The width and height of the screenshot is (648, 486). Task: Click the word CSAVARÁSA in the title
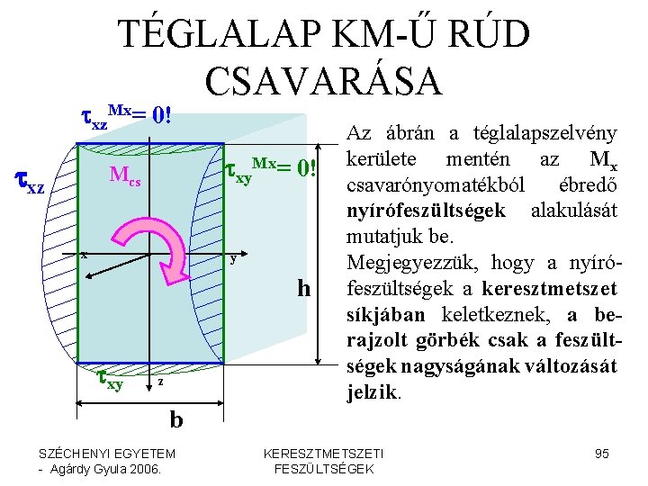(x=324, y=80)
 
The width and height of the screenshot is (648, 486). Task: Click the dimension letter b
(x=176, y=419)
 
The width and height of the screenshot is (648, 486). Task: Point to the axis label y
(x=232, y=259)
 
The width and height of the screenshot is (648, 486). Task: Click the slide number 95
(x=603, y=453)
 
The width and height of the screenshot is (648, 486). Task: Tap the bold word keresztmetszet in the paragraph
(x=547, y=291)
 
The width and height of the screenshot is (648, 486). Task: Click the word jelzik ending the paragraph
(x=369, y=394)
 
